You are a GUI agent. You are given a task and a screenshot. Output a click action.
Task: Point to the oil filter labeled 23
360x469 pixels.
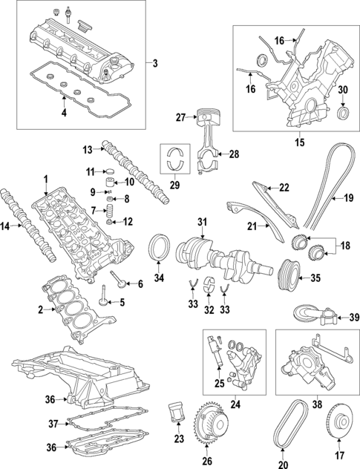tap(176, 411)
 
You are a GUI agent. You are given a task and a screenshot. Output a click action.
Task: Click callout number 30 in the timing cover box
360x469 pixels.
tap(342, 90)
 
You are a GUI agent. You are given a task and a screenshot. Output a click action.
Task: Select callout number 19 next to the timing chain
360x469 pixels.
tap(349, 198)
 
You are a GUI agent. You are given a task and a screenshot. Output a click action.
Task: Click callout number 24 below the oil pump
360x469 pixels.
tap(236, 404)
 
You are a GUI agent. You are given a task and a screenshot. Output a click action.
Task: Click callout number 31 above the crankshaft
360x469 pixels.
tap(202, 222)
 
